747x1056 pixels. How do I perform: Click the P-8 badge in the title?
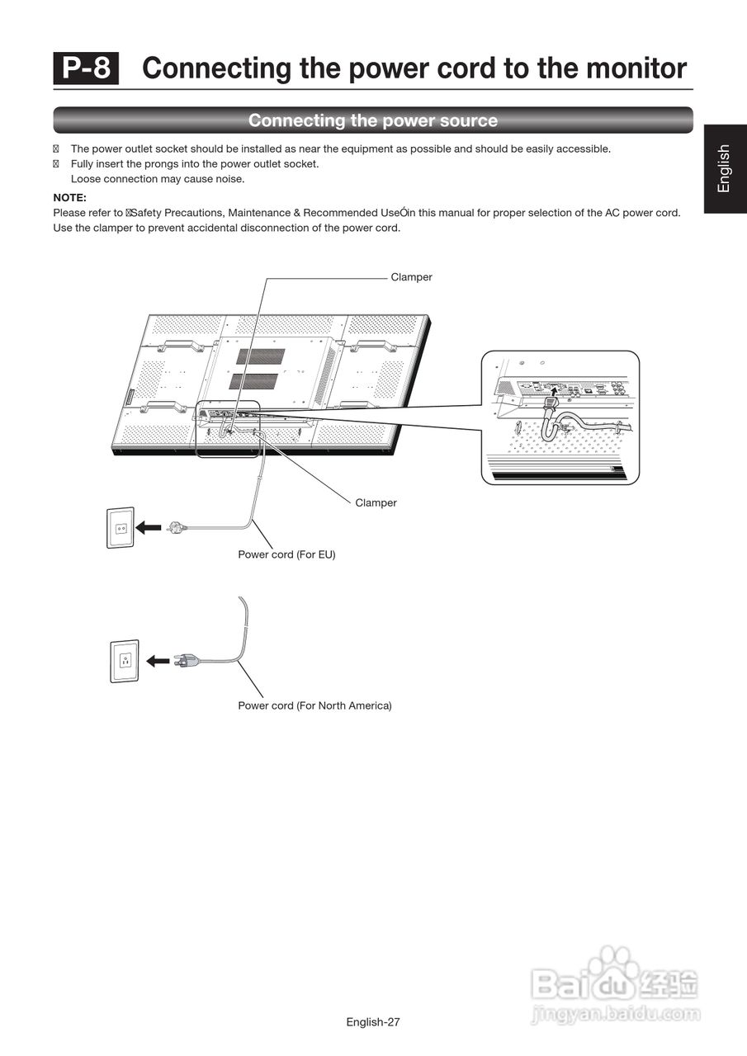(87, 68)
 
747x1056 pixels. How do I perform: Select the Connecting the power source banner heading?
(373, 120)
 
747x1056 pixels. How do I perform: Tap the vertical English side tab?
(724, 168)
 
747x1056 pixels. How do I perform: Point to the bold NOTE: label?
(70, 198)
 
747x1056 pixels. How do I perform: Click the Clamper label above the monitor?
(411, 277)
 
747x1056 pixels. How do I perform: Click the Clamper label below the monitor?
(376, 502)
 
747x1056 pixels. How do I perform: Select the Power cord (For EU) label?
(286, 554)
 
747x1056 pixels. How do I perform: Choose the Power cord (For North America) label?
(314, 705)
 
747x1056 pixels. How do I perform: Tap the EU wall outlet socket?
(121, 528)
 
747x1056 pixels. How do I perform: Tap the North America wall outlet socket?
(125, 661)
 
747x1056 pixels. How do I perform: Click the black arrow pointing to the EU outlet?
(149, 527)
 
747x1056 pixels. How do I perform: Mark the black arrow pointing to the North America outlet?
(158, 661)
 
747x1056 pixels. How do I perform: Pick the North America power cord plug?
(185, 660)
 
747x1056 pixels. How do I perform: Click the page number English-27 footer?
(373, 1022)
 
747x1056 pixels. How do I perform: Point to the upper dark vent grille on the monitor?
(261, 356)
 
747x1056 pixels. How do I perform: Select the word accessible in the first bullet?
(583, 149)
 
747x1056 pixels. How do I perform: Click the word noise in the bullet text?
(230, 179)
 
